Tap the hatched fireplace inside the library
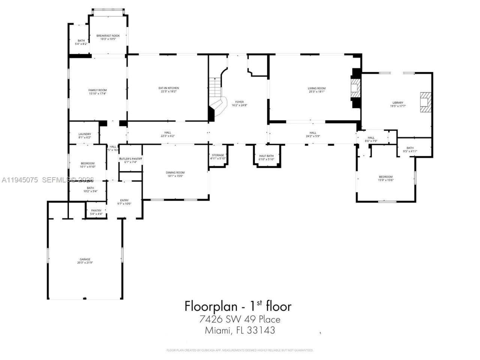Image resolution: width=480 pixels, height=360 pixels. tap(425, 102)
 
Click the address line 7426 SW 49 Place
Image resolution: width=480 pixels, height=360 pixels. tap(240, 319)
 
